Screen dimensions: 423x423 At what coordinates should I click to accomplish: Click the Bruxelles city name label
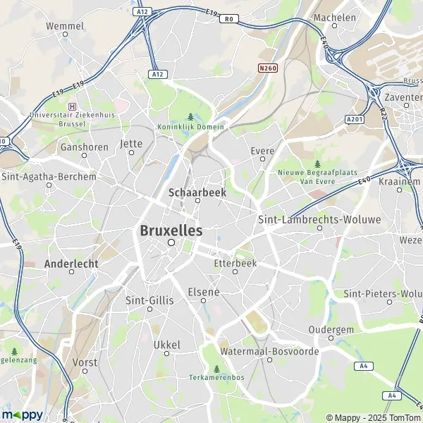point(171,231)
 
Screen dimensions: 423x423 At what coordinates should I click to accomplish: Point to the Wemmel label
point(65,26)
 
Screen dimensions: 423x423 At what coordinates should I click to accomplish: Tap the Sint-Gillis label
point(149,299)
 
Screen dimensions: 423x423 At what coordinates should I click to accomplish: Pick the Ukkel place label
point(167,345)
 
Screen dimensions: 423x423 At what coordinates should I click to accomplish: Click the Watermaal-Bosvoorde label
point(269,350)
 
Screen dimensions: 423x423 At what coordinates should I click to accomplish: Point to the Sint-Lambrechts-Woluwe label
point(319,219)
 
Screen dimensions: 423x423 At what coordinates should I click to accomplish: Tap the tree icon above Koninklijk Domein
point(190,117)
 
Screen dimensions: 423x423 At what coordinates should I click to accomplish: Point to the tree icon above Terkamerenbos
point(216,368)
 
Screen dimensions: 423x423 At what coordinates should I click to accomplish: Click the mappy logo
point(23,414)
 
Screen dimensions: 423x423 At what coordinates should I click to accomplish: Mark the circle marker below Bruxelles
point(171,243)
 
